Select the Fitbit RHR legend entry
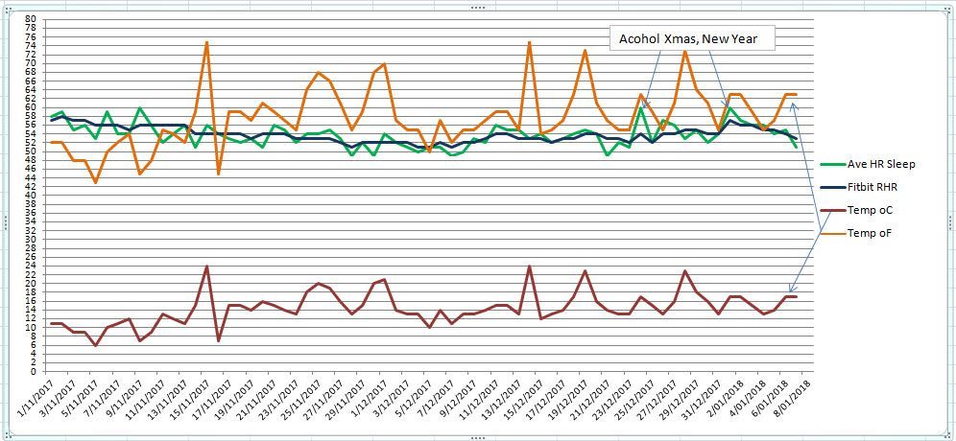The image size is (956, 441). point(871,187)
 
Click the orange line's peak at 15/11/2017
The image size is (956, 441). point(206,42)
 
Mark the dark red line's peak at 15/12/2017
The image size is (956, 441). point(529,267)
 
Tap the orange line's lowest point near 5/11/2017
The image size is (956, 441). point(95,182)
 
